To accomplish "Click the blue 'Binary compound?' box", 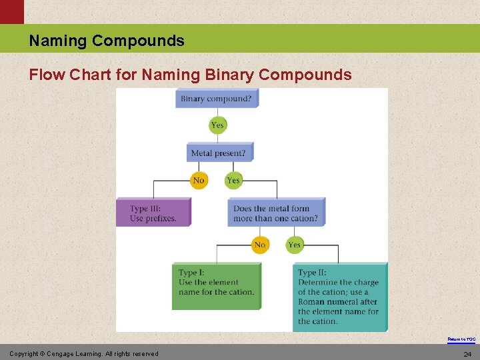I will coord(217,99).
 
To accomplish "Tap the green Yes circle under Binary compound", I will coord(217,125).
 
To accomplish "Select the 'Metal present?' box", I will coord(219,153).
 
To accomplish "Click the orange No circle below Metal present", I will coord(199,181).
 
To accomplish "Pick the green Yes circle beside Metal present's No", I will coord(233,181).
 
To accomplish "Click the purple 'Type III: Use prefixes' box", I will coord(153,213).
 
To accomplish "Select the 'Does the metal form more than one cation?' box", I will coord(276,213).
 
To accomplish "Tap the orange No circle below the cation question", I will coord(260,245).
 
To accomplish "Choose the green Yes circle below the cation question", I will coord(295,245).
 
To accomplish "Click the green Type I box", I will coord(216,285).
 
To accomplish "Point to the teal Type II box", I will coord(339,297).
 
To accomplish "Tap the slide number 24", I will coord(467,354).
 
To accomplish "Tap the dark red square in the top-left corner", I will coord(11,11).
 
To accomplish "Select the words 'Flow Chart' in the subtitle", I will coord(70,75).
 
